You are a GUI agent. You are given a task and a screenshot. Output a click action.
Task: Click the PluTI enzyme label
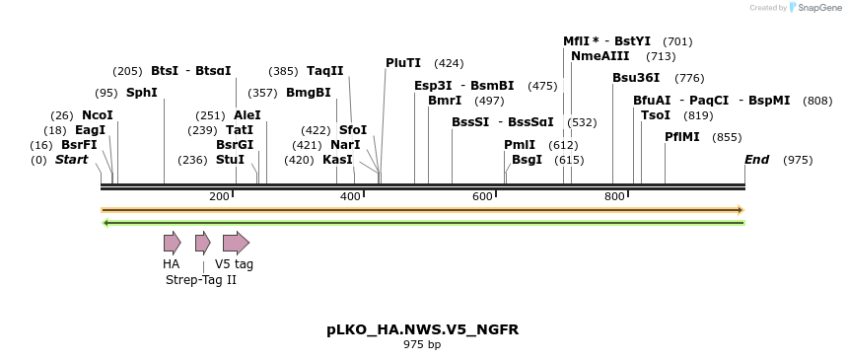[x=403, y=63]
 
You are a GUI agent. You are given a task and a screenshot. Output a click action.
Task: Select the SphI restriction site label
[x=142, y=93]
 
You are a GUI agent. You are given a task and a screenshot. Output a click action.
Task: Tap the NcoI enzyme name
[x=98, y=115]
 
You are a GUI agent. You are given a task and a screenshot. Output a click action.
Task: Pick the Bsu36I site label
[x=636, y=78]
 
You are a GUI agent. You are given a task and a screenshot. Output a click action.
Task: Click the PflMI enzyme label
[x=682, y=137]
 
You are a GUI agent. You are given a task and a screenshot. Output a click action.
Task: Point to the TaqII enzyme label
[x=325, y=71]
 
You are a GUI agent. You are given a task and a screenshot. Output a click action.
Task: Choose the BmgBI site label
[x=309, y=93]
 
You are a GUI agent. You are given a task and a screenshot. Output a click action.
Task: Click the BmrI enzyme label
[x=445, y=101]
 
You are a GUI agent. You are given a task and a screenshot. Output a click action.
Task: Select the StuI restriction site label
[x=230, y=160]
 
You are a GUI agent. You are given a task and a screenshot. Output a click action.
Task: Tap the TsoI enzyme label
[x=656, y=115]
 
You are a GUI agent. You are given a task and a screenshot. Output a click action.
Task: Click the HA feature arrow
[x=172, y=243]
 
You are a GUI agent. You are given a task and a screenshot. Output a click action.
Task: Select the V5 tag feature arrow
[x=236, y=243]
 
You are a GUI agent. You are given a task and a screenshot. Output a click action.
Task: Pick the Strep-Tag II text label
[x=201, y=280]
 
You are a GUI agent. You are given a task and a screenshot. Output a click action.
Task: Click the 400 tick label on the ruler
[x=351, y=197]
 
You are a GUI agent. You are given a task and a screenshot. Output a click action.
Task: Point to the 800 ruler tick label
[x=614, y=197]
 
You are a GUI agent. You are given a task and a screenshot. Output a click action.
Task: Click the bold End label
[x=757, y=160]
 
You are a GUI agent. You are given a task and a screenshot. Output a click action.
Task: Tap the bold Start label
[x=71, y=160]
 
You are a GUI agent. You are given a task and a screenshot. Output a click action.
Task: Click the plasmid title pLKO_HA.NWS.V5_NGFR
[x=422, y=329]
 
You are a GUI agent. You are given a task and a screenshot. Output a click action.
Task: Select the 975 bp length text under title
[x=422, y=345]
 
